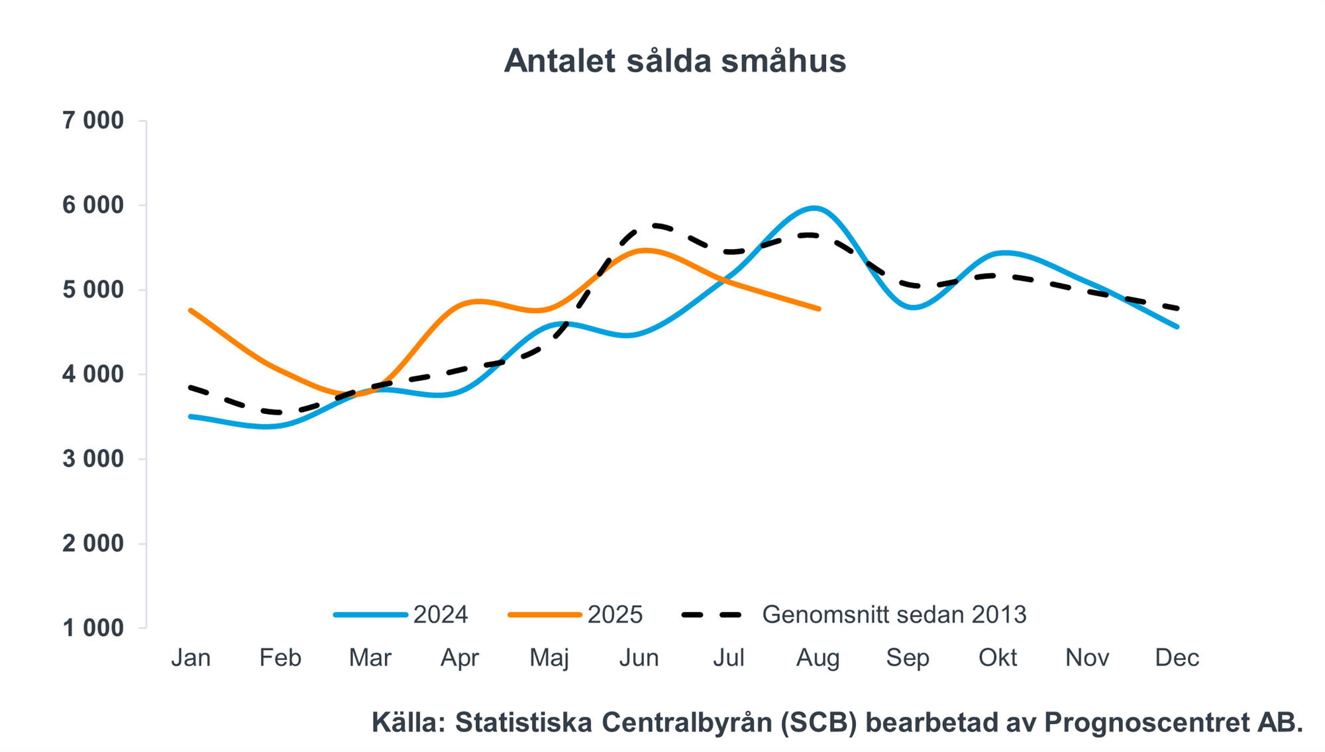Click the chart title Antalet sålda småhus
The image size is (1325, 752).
(674, 61)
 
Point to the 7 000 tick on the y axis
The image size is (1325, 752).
(93, 121)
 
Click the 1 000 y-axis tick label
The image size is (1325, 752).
(93, 628)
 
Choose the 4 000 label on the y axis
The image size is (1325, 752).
(93, 374)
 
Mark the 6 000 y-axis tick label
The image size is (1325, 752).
(93, 205)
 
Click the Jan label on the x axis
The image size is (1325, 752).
(191, 658)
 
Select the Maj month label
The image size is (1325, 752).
(549, 658)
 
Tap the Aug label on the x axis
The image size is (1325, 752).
(818, 658)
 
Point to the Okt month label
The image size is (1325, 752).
(998, 658)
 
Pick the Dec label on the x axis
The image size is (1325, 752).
(1177, 658)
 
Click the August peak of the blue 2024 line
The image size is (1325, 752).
(815, 208)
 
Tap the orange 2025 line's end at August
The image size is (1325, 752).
(820, 309)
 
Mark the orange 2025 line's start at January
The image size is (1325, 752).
(190, 309)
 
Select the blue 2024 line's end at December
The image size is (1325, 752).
(1177, 327)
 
